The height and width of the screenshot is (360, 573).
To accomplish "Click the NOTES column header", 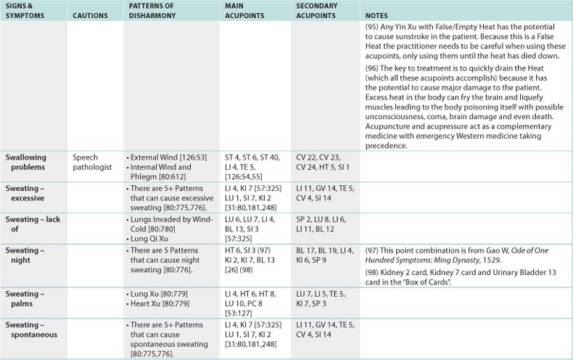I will point(376,15).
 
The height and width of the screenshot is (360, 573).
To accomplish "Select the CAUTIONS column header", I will point(91,15).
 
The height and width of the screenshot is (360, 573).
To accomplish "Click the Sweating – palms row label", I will point(26,298).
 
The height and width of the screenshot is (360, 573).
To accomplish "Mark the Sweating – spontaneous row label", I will point(35,329).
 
